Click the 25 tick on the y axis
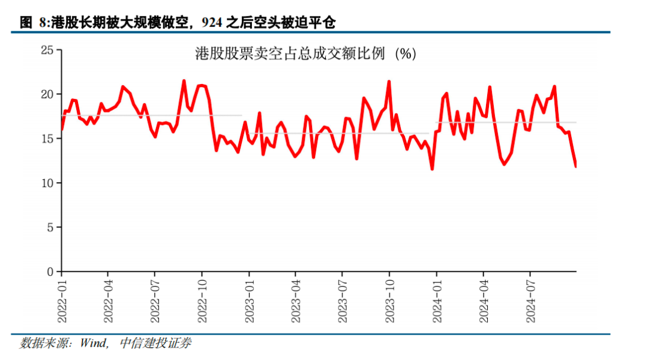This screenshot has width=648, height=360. click(47, 50)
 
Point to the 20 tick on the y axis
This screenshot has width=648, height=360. click(47, 94)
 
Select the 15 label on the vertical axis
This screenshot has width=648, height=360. click(47, 139)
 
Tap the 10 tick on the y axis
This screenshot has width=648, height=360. click(47, 183)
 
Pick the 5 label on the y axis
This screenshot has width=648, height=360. click(50, 227)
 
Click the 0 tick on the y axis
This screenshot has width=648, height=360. click(50, 272)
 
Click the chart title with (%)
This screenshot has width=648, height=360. click(305, 54)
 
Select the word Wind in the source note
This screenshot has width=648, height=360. click(93, 343)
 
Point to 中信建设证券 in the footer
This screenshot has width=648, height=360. click(155, 343)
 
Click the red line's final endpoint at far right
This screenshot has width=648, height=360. click(575, 166)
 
